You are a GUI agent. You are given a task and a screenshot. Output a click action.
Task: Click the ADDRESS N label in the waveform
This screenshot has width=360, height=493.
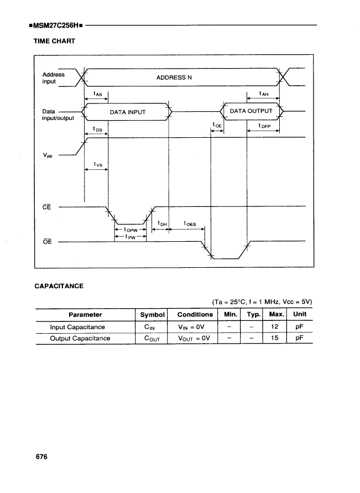(x=174, y=77)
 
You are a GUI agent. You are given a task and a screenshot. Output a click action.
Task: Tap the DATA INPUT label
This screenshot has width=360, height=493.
(x=127, y=112)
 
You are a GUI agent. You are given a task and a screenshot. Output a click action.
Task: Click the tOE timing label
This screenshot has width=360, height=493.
(x=217, y=125)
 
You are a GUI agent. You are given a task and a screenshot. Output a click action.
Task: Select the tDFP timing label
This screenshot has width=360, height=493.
(x=264, y=126)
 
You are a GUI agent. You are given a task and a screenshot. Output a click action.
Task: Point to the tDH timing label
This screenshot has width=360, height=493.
(x=161, y=224)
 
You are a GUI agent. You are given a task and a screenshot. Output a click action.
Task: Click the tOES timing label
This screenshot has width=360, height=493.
(x=189, y=224)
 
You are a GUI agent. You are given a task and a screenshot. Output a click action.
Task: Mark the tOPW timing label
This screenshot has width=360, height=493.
(x=130, y=229)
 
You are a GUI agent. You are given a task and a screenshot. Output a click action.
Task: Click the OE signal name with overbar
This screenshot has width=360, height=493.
(x=47, y=242)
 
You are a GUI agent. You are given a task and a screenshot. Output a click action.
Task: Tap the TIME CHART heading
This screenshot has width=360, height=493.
(x=55, y=41)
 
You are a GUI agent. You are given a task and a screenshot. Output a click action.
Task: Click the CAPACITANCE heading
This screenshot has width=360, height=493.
(x=59, y=286)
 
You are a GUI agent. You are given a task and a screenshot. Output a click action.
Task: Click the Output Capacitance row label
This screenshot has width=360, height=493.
(x=80, y=338)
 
